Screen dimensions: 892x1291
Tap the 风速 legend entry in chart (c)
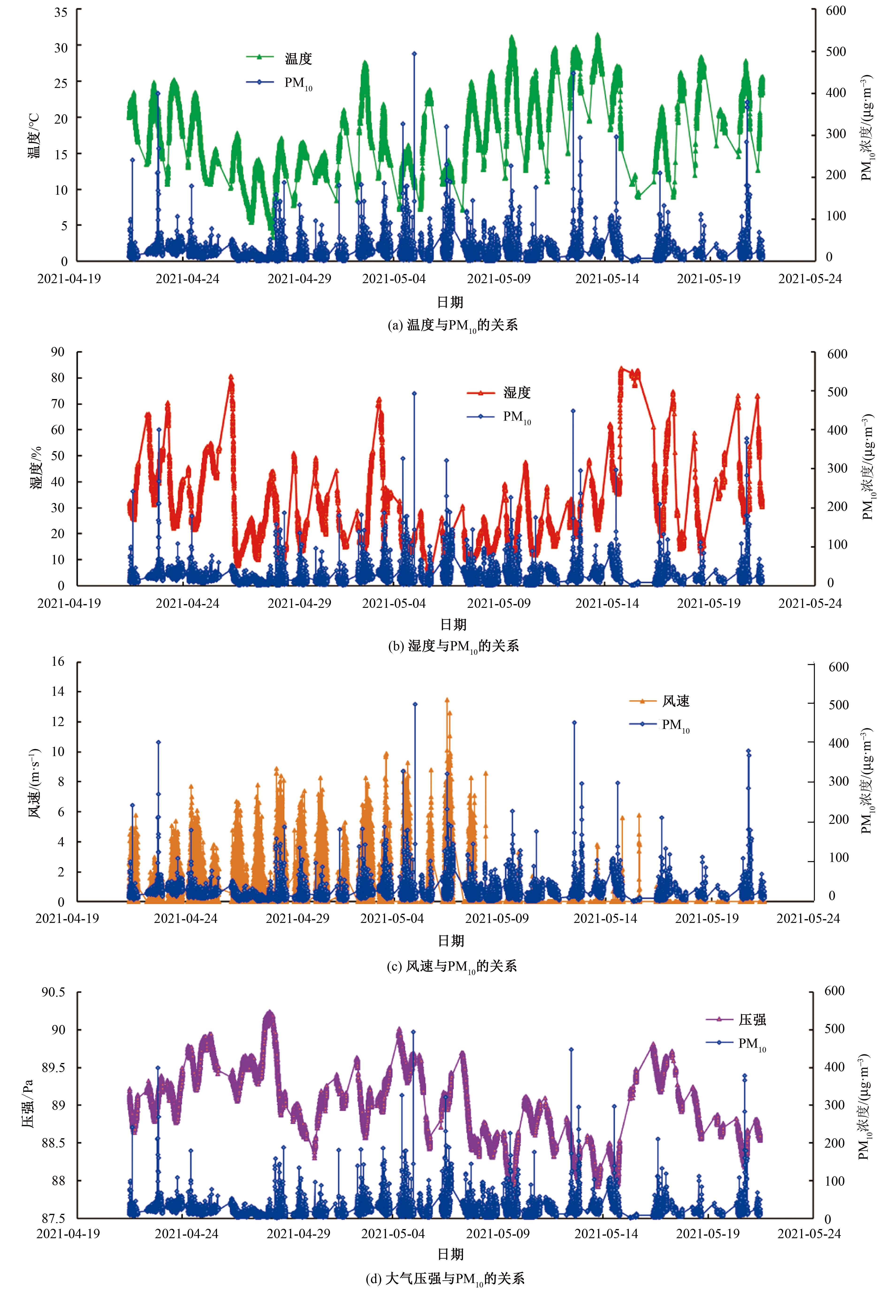point(659,701)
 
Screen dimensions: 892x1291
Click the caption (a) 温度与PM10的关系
point(453,325)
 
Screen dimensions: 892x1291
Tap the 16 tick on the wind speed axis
point(58,662)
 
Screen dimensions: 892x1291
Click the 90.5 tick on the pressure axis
point(54,993)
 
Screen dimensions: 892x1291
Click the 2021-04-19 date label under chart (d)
point(68,1234)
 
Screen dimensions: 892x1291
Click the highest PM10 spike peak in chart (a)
point(414,54)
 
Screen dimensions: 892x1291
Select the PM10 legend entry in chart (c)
point(659,724)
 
